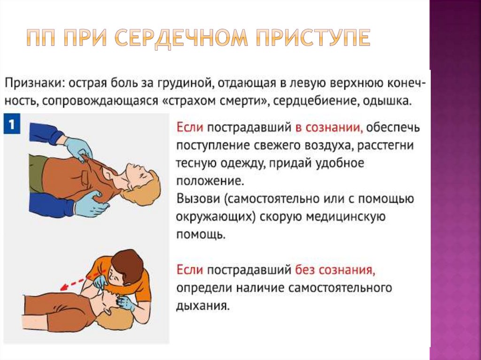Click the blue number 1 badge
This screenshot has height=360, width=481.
coord(12,125)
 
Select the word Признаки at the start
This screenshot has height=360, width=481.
coord(33,84)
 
